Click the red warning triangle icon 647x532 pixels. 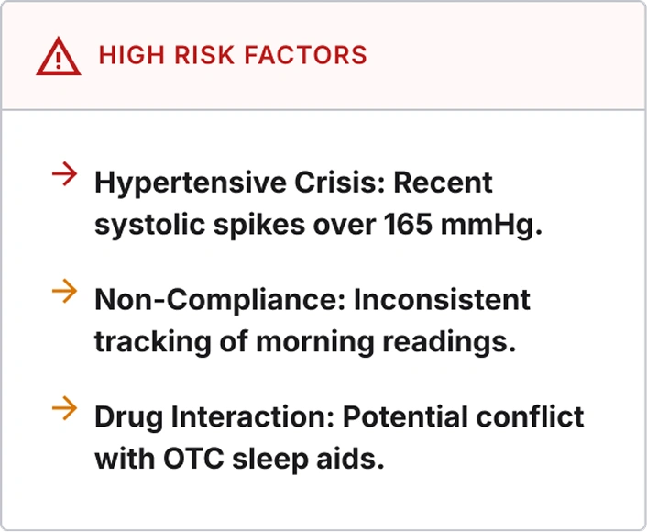pyautogui.click(x=58, y=57)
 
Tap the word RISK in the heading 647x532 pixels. pyautogui.click(x=204, y=55)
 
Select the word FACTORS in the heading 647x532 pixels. pyautogui.click(x=306, y=55)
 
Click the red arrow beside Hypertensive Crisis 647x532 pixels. pyautogui.click(x=65, y=174)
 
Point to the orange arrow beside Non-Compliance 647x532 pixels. pyautogui.click(x=65, y=291)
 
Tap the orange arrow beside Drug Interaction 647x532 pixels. pyautogui.click(x=65, y=408)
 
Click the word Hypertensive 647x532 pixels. pyautogui.click(x=191, y=183)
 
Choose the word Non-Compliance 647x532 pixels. pyautogui.click(x=220, y=301)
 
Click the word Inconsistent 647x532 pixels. pyautogui.click(x=442, y=299)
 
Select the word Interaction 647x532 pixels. pyautogui.click(x=253, y=416)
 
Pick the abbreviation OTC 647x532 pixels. pyautogui.click(x=193, y=459)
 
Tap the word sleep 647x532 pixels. pyautogui.click(x=269, y=460)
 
